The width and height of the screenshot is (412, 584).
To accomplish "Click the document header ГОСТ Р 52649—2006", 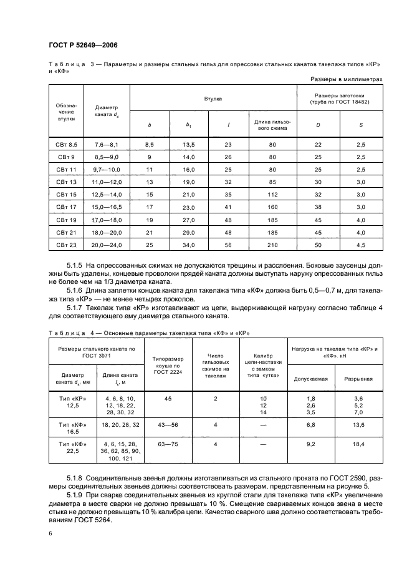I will click(83, 45).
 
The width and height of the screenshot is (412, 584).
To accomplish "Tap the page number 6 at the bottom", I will click(50, 533).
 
